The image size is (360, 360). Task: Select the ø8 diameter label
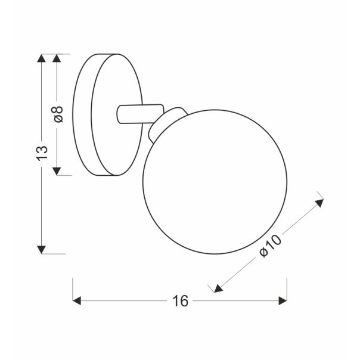[x=58, y=114]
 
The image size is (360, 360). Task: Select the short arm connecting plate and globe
[x=140, y=113]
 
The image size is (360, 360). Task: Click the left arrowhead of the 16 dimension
[x=77, y=302]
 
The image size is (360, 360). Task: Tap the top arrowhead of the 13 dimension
[x=41, y=58]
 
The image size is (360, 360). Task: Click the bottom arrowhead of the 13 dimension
[x=41, y=249]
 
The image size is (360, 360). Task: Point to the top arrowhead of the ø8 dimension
[x=58, y=58]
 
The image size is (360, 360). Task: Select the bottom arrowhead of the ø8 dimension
[x=58, y=171]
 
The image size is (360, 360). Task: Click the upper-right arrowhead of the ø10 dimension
[x=319, y=202]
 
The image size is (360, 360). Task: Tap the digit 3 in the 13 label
[x=41, y=148]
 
